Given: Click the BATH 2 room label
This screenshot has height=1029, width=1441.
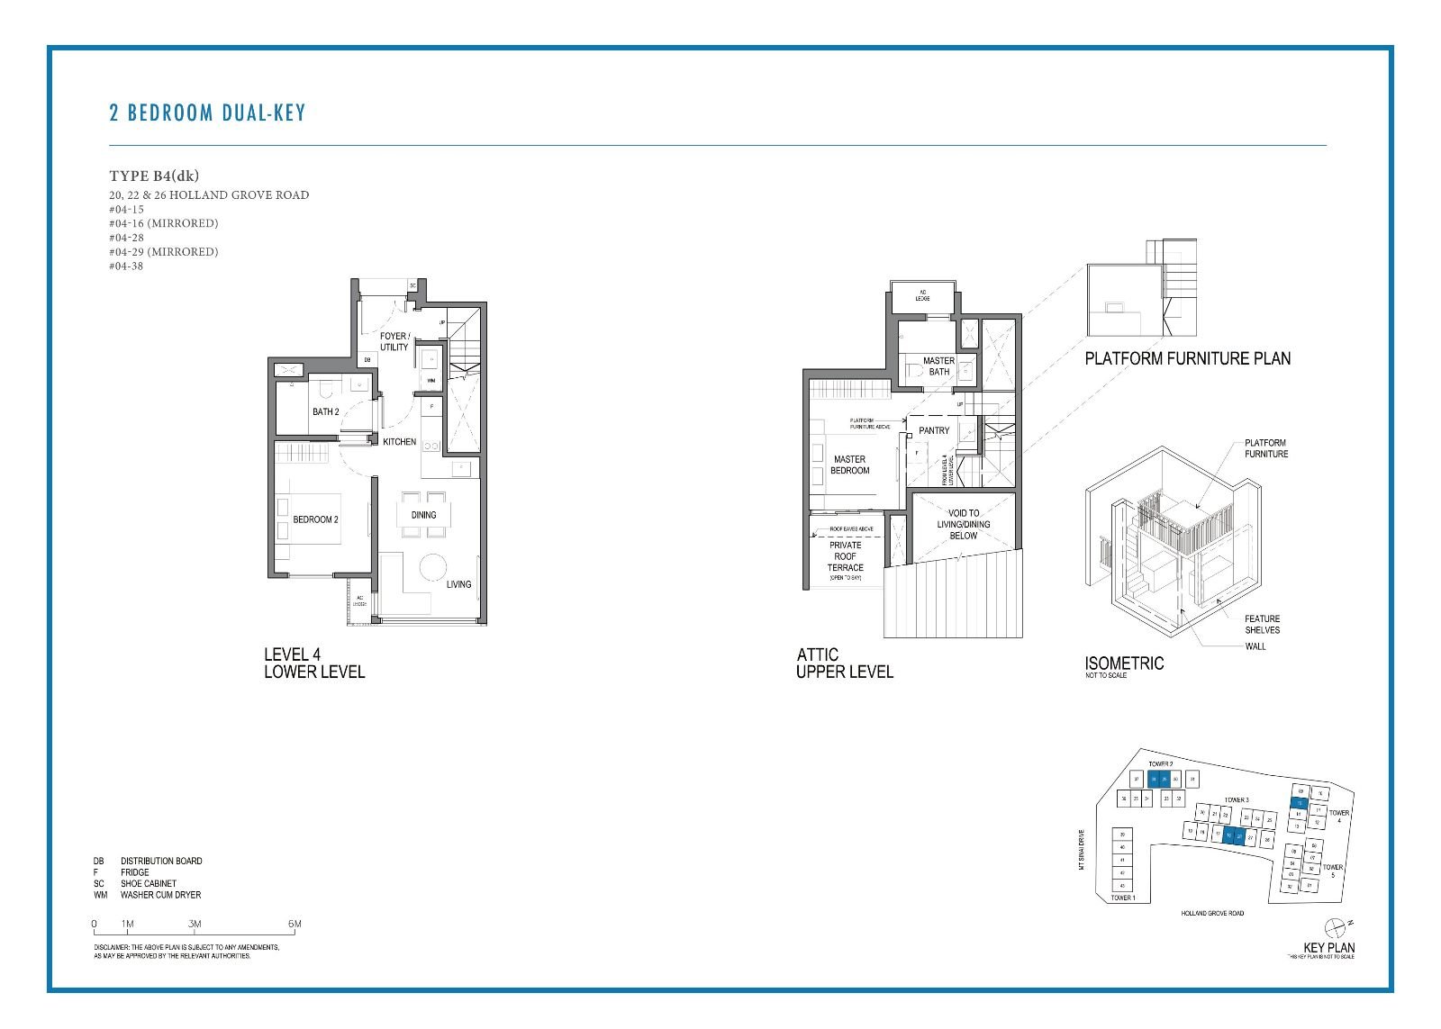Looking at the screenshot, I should [x=325, y=412].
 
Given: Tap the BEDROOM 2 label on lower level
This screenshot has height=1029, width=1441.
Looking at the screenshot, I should [x=315, y=519].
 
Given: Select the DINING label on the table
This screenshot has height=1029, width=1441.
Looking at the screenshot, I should [x=423, y=515].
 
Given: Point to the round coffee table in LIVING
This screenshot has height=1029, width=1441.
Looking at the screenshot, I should [x=433, y=567].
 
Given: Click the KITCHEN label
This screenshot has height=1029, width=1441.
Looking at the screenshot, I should [x=399, y=442].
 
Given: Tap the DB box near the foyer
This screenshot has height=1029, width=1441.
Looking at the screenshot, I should [x=367, y=360].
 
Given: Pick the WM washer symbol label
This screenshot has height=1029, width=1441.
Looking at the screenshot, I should [x=430, y=381].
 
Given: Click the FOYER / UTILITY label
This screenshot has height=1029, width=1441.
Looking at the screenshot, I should [x=394, y=341].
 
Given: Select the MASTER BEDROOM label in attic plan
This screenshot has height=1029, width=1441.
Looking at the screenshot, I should [x=849, y=465].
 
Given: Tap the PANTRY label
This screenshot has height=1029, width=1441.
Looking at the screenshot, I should [x=934, y=430].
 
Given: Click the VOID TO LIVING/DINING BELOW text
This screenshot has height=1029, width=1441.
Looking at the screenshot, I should [x=963, y=524].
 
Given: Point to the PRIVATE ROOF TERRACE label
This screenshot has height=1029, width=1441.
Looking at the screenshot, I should [x=845, y=556].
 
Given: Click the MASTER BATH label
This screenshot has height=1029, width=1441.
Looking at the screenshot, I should [x=938, y=366].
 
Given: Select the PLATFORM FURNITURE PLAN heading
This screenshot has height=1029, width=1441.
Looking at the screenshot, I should [x=1187, y=358].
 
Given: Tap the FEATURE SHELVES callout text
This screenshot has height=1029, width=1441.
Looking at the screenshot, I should [x=1262, y=624].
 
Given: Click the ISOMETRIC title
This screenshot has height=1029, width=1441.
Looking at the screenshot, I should [x=1124, y=663].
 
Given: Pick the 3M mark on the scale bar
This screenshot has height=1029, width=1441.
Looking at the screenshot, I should [x=195, y=924].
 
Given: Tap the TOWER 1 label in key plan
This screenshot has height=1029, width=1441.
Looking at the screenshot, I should [x=1122, y=898].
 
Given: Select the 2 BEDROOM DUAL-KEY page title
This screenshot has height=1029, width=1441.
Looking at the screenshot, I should [x=207, y=113].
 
